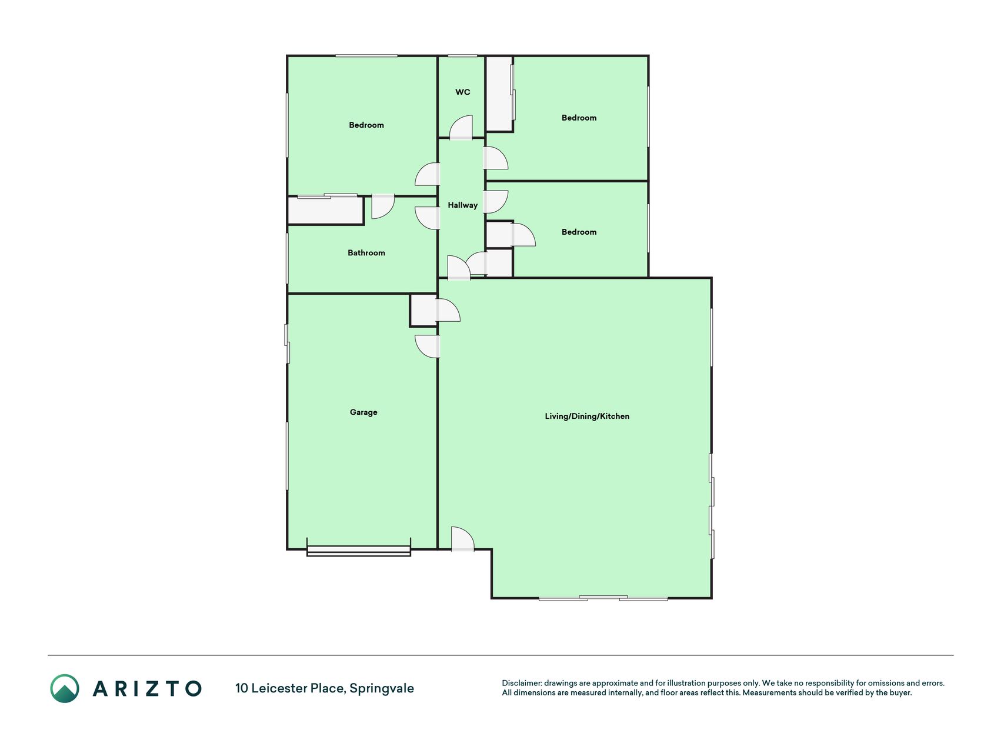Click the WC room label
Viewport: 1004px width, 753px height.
[x=462, y=92]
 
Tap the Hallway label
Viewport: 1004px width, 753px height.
[x=462, y=205]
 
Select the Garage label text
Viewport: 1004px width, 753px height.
[x=363, y=412]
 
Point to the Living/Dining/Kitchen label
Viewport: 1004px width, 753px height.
[x=587, y=417]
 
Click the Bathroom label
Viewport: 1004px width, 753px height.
[x=366, y=253]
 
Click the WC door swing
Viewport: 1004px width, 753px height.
[x=461, y=128]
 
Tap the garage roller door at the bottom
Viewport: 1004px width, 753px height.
[x=359, y=551]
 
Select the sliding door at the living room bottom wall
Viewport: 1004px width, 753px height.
[x=603, y=598]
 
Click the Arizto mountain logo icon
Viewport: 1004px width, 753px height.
[x=65, y=688]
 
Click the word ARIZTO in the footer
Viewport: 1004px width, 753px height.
[x=147, y=688]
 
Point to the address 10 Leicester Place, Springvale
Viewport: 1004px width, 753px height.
[x=325, y=688]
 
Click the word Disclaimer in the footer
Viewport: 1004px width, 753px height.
[x=521, y=683]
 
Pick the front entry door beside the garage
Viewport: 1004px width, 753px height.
[x=462, y=539]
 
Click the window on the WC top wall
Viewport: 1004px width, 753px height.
[x=462, y=56]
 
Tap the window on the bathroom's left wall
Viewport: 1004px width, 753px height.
[x=287, y=259]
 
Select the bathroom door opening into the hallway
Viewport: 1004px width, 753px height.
[x=428, y=218]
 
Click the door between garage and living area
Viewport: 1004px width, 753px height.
[x=428, y=346]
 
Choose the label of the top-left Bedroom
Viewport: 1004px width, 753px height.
[x=366, y=125]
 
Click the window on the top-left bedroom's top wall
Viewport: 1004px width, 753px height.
[x=366, y=56]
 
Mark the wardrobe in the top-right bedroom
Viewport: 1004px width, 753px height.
[x=500, y=94]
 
